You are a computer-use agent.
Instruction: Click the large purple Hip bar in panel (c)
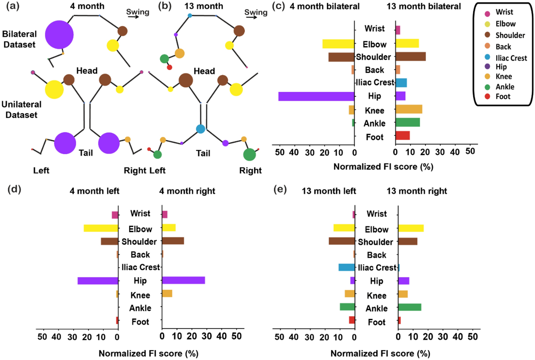pyautogui.click(x=316, y=96)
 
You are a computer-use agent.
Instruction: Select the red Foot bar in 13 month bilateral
pyautogui.click(x=403, y=135)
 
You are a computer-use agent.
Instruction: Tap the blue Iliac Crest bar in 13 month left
pyautogui.click(x=346, y=267)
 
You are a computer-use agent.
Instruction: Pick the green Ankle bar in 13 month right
pyautogui.click(x=410, y=307)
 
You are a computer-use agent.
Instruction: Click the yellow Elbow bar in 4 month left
pyautogui.click(x=101, y=228)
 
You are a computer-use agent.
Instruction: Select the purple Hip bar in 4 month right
pyautogui.click(x=183, y=280)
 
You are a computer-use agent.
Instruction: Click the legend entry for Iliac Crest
pyautogui.click(x=511, y=58)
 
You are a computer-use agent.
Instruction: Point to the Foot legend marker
pyautogui.click(x=487, y=96)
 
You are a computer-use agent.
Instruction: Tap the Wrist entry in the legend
pyautogui.click(x=504, y=12)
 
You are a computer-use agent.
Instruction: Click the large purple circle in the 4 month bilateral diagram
pyautogui.click(x=59, y=35)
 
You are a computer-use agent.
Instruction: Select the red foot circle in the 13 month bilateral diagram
pyautogui.click(x=170, y=67)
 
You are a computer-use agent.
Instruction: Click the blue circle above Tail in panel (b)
pyautogui.click(x=200, y=129)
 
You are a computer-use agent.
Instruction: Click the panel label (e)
pyautogui.click(x=280, y=189)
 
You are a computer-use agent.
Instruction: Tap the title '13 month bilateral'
pyautogui.click(x=423, y=6)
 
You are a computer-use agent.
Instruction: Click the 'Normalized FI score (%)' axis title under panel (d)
pyautogui.click(x=148, y=353)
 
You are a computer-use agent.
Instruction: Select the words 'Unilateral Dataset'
pyautogui.click(x=21, y=109)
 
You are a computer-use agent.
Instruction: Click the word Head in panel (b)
pyautogui.click(x=204, y=71)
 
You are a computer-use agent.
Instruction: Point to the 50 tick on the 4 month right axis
pyautogui.click(x=236, y=336)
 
